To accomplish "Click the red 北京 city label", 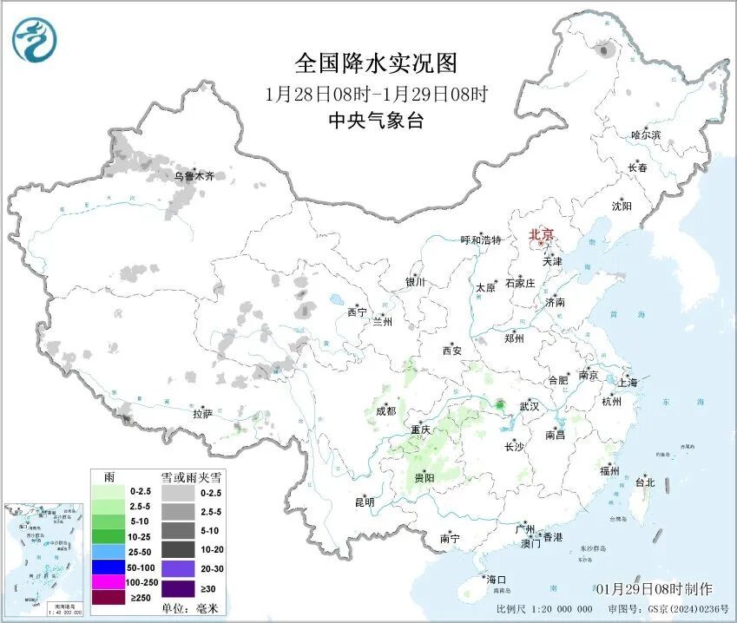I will click(542, 234).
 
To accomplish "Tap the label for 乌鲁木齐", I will click(194, 176).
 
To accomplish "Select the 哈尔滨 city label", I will click(645, 135).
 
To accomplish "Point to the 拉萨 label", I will click(203, 414).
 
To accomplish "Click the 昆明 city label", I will click(365, 502).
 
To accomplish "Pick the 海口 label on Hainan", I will click(497, 579).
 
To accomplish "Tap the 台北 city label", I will click(645, 482).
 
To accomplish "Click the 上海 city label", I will click(627, 383).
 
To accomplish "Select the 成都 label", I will click(385, 411).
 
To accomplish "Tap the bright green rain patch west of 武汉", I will click(500, 404).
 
